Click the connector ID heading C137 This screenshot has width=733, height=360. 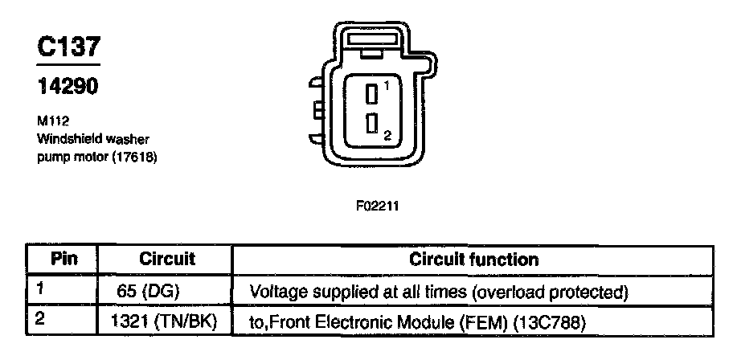click(x=68, y=49)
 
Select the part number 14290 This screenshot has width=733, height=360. click(x=68, y=87)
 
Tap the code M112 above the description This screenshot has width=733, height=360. click(x=51, y=122)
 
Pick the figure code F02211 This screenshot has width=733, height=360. click(x=377, y=206)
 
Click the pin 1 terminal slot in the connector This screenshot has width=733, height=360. click(x=371, y=94)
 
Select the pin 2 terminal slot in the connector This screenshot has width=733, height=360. click(x=371, y=123)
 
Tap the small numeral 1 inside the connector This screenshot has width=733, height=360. click(x=387, y=84)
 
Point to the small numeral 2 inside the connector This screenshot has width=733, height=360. click(x=387, y=137)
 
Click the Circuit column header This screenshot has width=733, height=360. click(x=167, y=260)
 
